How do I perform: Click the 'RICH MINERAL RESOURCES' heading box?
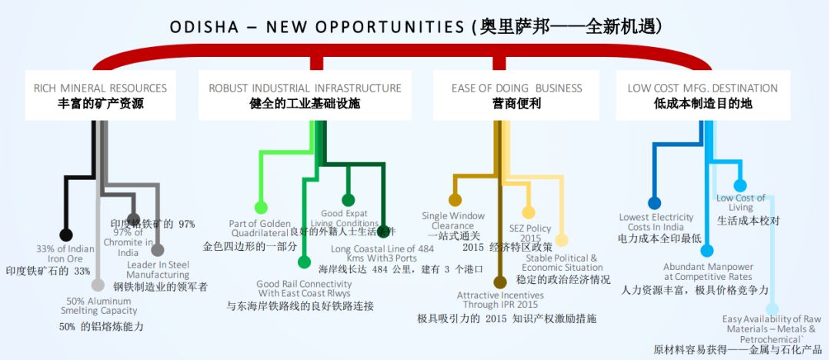click(100, 95)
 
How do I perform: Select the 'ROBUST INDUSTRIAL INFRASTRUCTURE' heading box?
click(305, 95)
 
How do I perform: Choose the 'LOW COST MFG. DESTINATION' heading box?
click(703, 95)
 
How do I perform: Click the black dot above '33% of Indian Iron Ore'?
click(66, 235)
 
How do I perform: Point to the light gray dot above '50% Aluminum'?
click(98, 285)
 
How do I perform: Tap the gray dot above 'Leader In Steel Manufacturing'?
click(158, 250)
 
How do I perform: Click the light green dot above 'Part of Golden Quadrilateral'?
click(261, 207)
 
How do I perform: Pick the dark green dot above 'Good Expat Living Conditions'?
click(348, 200)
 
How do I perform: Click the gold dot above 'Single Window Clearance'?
click(456, 201)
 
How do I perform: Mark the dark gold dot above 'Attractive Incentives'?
click(499, 282)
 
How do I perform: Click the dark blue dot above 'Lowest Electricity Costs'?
click(654, 203)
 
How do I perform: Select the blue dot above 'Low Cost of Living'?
click(740, 185)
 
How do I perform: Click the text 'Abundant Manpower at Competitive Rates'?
click(708, 272)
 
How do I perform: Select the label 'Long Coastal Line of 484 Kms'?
click(382, 253)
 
